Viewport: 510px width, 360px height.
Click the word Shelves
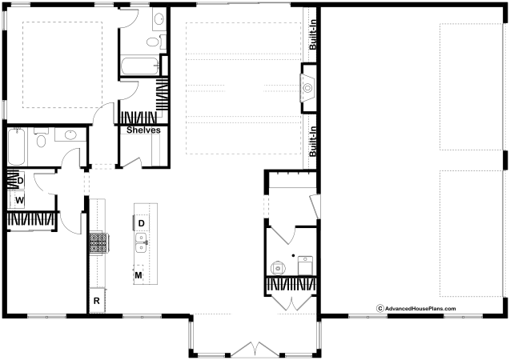(143, 130)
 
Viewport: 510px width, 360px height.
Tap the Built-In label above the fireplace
(312, 34)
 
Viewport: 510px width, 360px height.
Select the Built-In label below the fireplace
(312, 142)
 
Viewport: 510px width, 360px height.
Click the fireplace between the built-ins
(308, 88)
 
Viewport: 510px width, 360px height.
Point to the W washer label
(19, 200)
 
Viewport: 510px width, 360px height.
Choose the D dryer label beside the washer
(20, 180)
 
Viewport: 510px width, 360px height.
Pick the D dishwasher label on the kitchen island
(142, 223)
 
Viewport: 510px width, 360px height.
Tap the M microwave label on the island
(139, 275)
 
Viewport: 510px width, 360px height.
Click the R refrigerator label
(97, 301)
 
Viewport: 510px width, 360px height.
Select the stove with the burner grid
(98, 244)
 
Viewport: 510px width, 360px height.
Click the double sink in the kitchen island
(142, 242)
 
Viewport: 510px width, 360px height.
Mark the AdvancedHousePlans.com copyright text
(416, 308)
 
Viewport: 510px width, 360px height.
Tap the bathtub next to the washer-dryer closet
(16, 146)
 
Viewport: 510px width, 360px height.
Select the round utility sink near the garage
(278, 268)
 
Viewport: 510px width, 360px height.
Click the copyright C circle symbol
(379, 308)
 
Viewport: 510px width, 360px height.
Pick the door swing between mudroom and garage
(315, 206)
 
